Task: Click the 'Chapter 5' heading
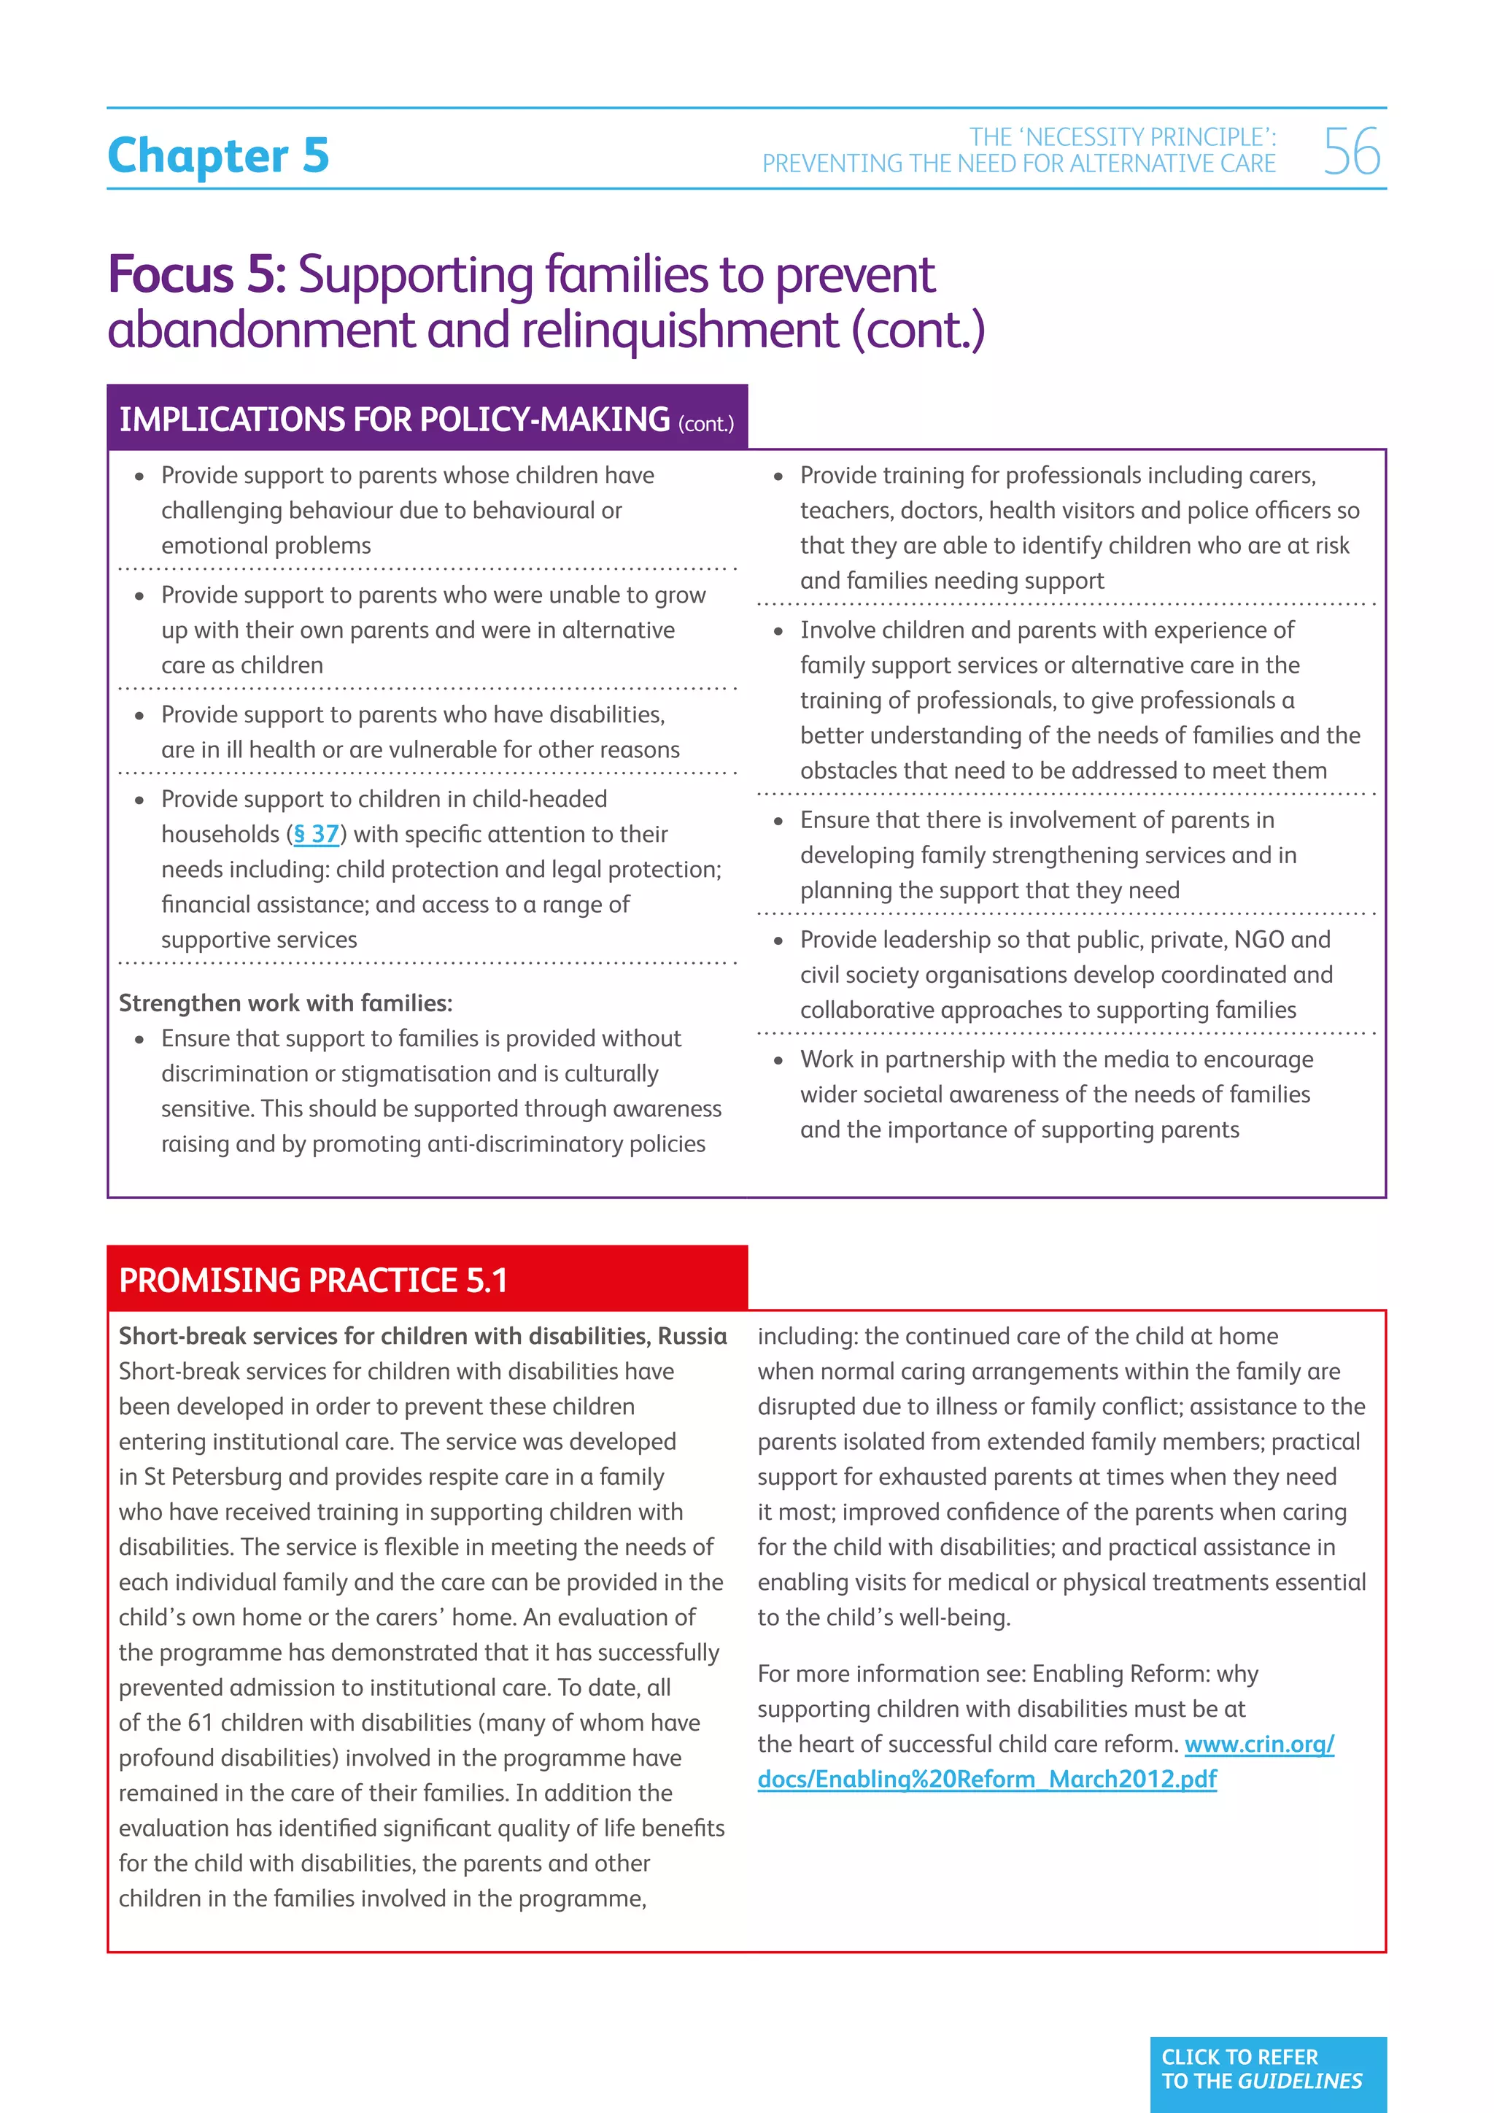[218, 155]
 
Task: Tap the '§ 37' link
[316, 834]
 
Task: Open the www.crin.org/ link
[1258, 1743]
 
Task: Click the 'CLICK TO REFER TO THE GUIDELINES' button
[1267, 2068]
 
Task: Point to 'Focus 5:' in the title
[197, 274]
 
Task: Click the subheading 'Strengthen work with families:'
[285, 1003]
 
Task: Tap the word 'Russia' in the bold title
[692, 1335]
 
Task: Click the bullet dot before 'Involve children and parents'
[778, 631]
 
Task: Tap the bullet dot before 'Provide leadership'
[778, 940]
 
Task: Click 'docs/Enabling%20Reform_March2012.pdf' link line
[986, 1778]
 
